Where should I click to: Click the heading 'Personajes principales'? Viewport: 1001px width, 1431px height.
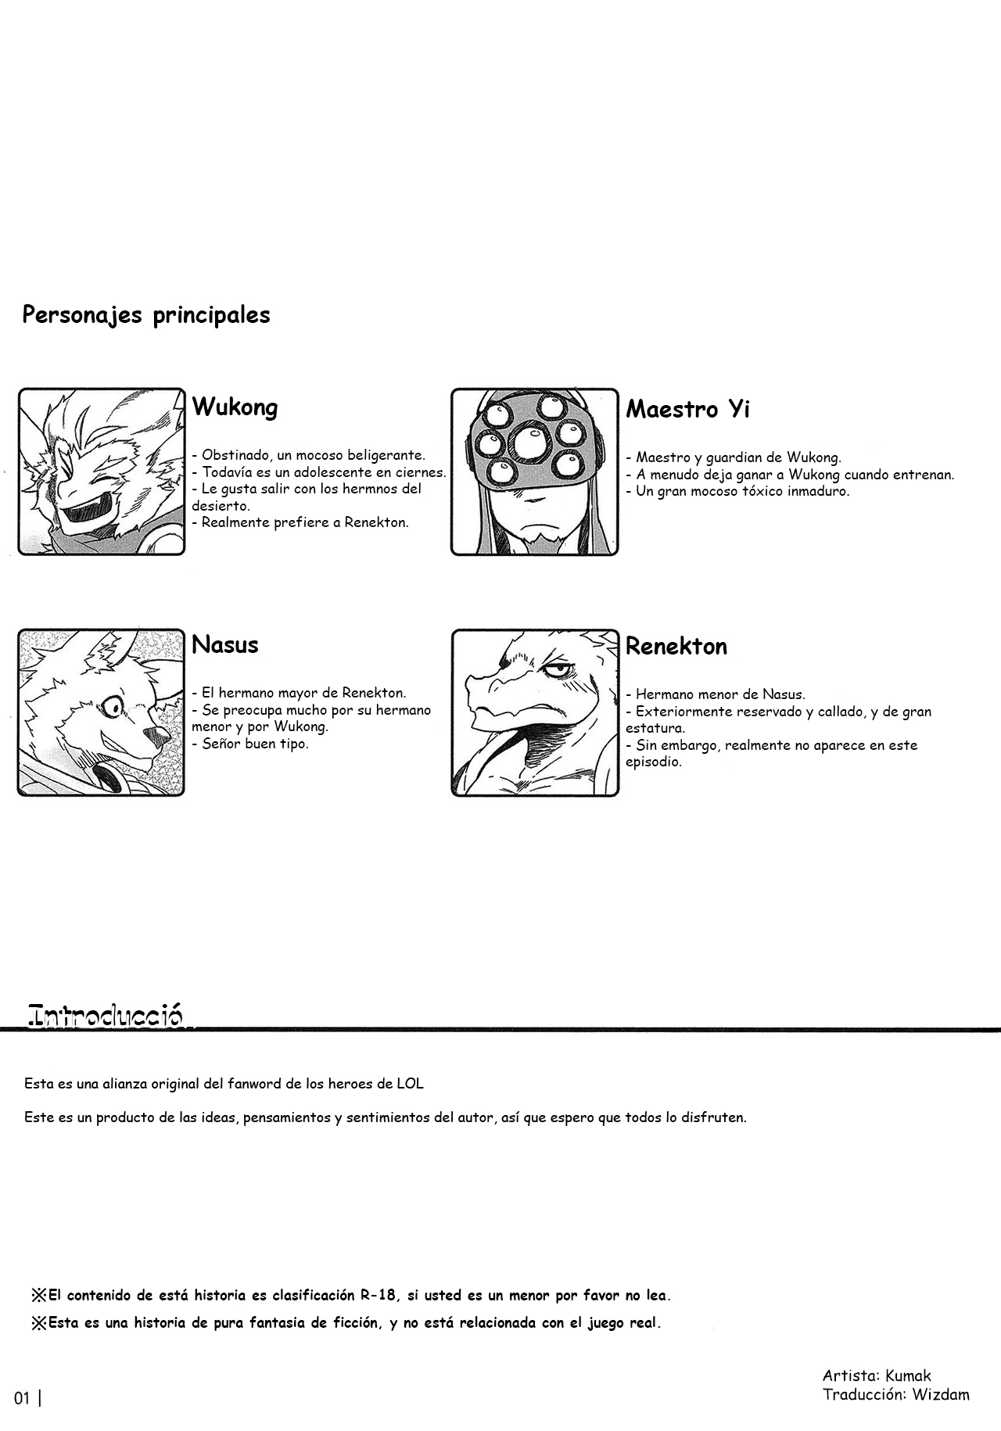point(146,315)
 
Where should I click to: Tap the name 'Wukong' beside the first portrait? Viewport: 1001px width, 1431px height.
point(235,407)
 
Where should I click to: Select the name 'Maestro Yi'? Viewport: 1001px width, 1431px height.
point(687,409)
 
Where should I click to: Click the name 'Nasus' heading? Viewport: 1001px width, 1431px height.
point(225,645)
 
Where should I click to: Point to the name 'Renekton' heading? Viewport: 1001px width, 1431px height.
point(676,647)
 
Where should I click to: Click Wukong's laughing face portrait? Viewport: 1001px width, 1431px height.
point(102,472)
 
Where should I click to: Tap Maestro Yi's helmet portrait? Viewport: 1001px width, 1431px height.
point(535,472)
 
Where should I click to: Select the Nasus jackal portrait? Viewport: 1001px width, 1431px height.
point(102,712)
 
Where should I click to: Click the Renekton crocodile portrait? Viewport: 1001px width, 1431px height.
point(535,713)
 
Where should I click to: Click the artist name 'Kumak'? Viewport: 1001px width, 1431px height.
point(910,1375)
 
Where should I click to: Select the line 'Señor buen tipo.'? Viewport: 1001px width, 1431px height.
point(255,744)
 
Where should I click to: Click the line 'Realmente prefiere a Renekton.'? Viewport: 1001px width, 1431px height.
point(305,522)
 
